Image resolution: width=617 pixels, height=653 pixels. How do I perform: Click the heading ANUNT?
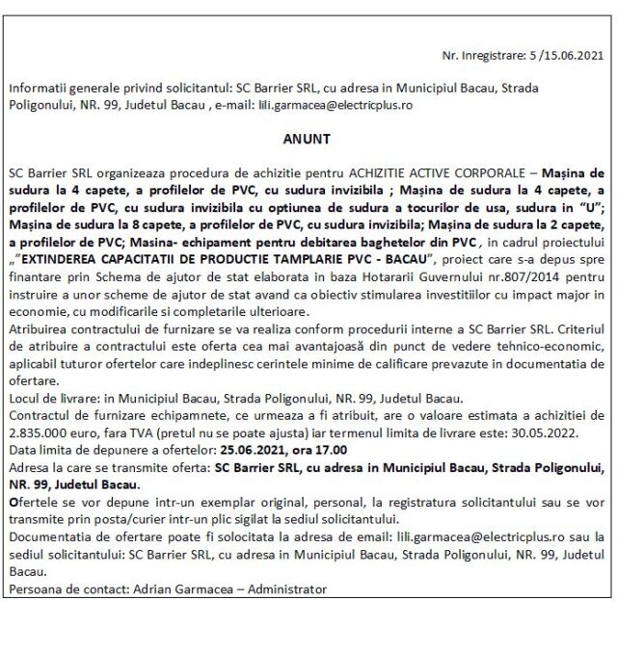tap(308, 140)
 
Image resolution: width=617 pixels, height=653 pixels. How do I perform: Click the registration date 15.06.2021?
tap(575, 57)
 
